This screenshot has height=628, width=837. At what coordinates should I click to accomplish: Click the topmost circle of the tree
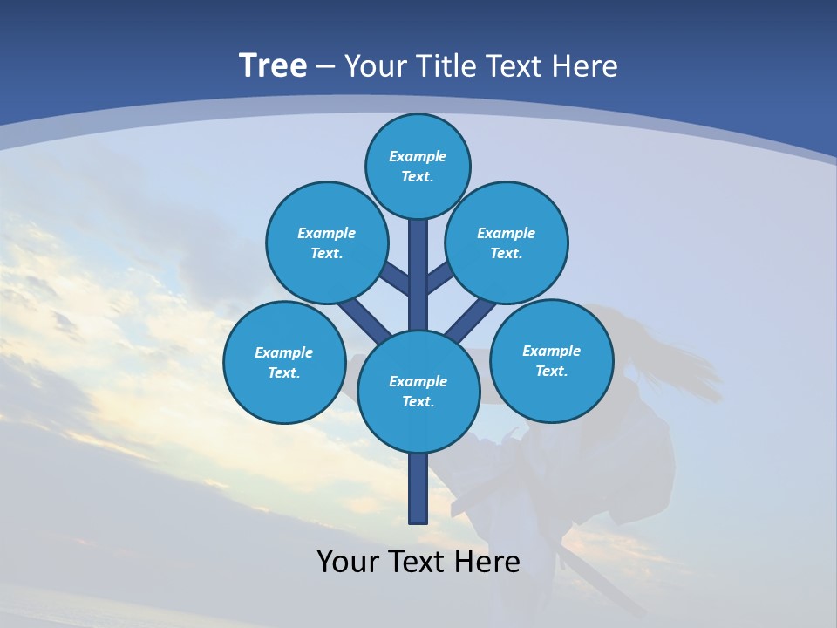click(418, 166)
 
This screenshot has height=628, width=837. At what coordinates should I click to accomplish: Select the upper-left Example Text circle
click(326, 242)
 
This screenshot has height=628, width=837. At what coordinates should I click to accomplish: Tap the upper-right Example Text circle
click(507, 242)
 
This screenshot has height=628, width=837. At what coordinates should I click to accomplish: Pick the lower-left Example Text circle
click(283, 362)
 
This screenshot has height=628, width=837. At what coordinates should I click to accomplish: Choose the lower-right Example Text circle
click(552, 360)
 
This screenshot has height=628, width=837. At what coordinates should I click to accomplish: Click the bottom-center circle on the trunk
click(418, 391)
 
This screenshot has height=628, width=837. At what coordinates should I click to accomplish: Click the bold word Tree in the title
click(273, 65)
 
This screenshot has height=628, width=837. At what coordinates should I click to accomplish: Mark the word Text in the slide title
click(515, 66)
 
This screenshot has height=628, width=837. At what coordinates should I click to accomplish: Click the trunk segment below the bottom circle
click(418, 488)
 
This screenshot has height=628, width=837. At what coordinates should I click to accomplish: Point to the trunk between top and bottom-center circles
click(418, 279)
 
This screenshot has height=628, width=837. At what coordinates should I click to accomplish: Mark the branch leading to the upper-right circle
click(440, 279)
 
